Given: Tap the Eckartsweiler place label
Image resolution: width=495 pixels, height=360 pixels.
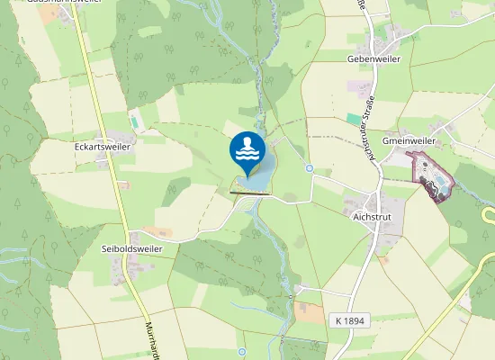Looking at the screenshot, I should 103,145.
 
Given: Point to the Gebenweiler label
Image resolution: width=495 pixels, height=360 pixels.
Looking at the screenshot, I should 373,58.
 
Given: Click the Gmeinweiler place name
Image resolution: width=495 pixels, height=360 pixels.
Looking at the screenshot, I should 409,141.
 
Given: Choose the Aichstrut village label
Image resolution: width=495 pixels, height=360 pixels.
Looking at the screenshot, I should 364,217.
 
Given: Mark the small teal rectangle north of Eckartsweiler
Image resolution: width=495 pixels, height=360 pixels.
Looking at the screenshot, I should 135,120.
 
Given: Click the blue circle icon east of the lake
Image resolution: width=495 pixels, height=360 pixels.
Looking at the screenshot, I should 309,168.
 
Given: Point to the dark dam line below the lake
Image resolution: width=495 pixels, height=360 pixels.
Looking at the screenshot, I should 250,193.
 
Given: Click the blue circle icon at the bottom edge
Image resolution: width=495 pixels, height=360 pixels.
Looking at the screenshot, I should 242,351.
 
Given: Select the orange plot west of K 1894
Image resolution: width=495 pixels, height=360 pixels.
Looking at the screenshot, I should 305,311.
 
